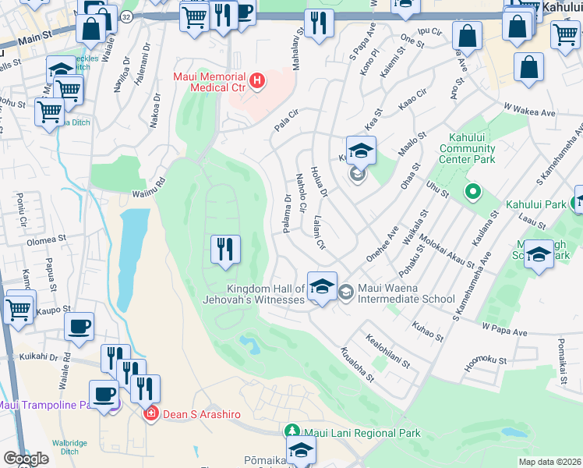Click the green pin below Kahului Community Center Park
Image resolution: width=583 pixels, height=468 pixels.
(x=472, y=190)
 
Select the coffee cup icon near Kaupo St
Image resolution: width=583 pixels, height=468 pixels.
(x=79, y=326)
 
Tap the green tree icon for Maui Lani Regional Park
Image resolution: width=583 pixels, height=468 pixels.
(x=292, y=432)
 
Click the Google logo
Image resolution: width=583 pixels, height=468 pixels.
(x=26, y=458)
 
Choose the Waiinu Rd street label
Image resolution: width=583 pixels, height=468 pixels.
(x=149, y=183)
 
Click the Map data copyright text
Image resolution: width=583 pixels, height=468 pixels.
(x=549, y=462)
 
